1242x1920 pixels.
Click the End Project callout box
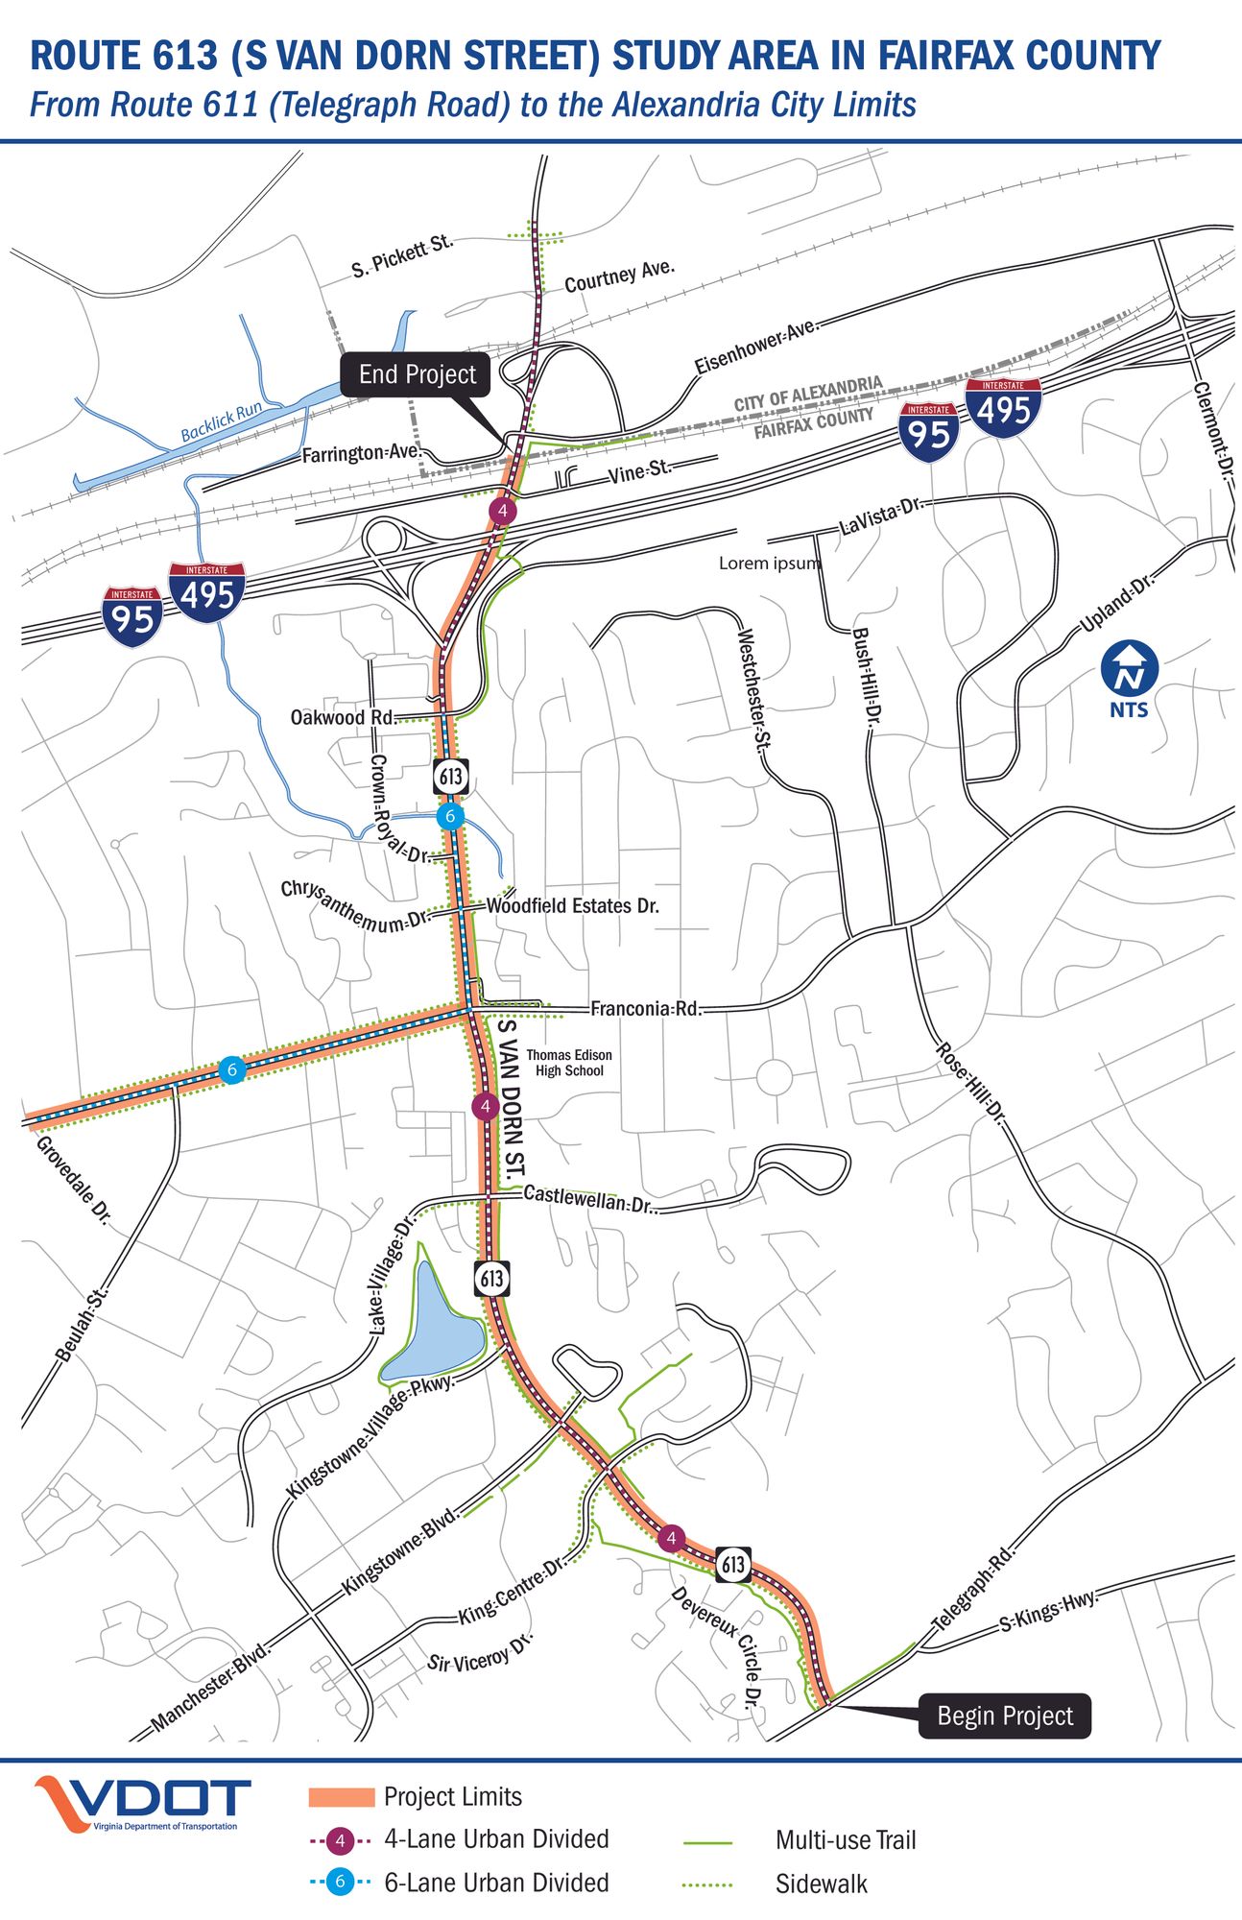click(x=416, y=374)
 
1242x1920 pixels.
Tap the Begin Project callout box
click(x=1004, y=1716)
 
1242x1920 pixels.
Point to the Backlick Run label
click(x=222, y=421)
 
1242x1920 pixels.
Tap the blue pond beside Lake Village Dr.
click(x=433, y=1326)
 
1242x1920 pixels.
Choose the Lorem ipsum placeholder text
click(x=770, y=564)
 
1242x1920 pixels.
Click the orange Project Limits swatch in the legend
click(x=341, y=1797)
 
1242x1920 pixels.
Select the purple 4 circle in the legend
click(x=340, y=1840)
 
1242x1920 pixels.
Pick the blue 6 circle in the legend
click(x=340, y=1883)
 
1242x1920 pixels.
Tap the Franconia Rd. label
click(x=645, y=1008)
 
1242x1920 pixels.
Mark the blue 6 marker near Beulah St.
click(x=231, y=1068)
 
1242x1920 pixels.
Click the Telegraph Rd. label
click(x=973, y=1588)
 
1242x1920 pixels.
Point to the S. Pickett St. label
click(x=401, y=256)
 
